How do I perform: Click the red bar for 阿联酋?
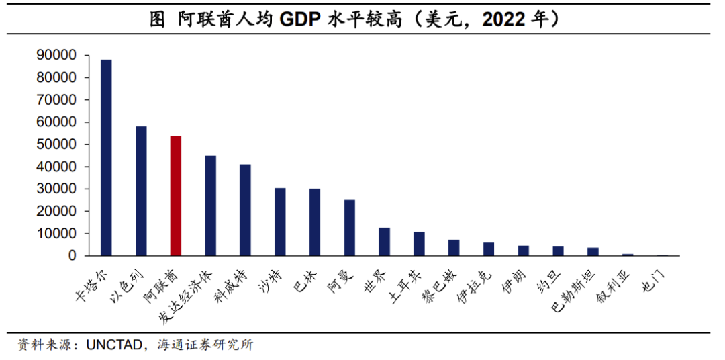[x=176, y=195]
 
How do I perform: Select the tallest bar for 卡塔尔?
[x=106, y=157]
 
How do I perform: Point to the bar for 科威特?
[x=246, y=210]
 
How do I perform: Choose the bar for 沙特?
[x=280, y=222]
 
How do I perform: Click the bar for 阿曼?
[x=350, y=228]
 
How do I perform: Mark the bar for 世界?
[x=385, y=241]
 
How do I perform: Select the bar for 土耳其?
[x=419, y=244]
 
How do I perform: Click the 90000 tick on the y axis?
[x=58, y=55]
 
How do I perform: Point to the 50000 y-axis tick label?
[x=58, y=144]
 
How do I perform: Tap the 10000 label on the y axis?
[x=58, y=234]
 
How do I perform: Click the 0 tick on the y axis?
[x=72, y=256]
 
